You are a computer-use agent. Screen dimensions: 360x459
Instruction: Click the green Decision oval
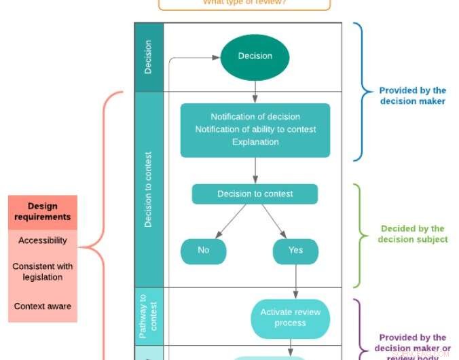(255, 56)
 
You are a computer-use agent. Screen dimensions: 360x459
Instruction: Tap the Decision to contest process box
(255, 194)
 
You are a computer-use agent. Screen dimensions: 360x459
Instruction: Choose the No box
(203, 251)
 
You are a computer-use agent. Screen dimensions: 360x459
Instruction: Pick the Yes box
(295, 251)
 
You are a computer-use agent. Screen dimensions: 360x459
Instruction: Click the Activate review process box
(290, 318)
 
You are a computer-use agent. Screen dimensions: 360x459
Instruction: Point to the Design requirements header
(43, 212)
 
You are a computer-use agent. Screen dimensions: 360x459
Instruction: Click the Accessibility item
(43, 240)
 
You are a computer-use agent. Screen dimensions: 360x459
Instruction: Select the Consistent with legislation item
(43, 272)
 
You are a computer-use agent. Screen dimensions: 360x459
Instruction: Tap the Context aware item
(43, 306)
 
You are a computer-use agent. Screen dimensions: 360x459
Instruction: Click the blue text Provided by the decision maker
(412, 96)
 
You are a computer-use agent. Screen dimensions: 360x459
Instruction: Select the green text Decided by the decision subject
(412, 234)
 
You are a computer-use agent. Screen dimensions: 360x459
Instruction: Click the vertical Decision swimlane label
(149, 57)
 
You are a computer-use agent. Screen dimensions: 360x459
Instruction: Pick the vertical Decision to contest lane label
(149, 190)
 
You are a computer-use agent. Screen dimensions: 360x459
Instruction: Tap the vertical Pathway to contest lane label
(149, 316)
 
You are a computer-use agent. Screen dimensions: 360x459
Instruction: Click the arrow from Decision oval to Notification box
(255, 91)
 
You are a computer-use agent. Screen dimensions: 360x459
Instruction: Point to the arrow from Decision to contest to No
(229, 221)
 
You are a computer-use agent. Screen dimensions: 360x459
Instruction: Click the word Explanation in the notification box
(255, 142)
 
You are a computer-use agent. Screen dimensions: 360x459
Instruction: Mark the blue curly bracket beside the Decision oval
(359, 92)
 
